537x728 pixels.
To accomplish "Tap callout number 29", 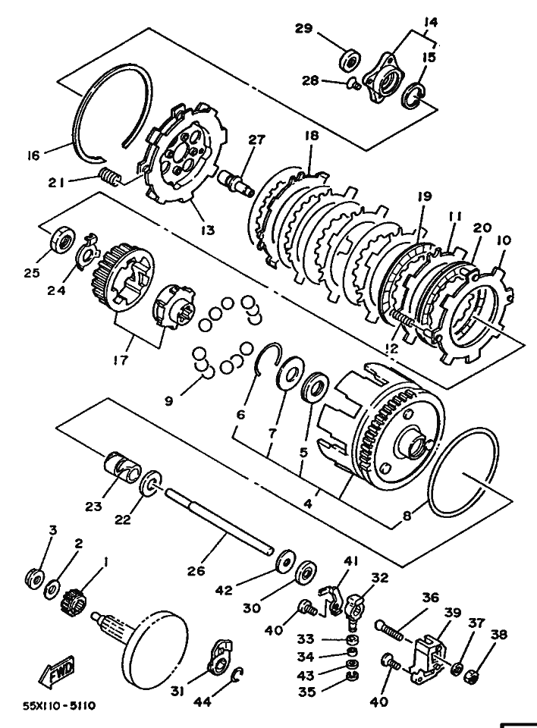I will tap(304, 28).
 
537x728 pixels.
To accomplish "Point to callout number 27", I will tap(256, 140).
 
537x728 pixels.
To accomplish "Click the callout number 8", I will tap(407, 516).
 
